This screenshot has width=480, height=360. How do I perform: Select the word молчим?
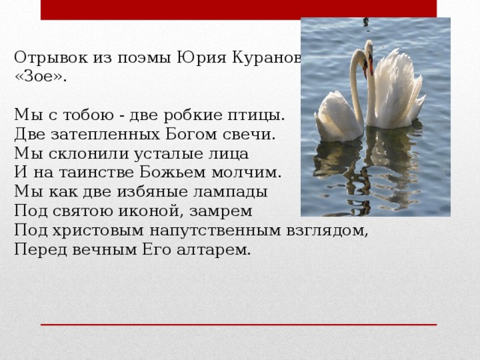tap(252, 173)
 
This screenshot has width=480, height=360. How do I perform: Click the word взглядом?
tap(331, 230)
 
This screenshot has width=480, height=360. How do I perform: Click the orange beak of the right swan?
tap(369, 67)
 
